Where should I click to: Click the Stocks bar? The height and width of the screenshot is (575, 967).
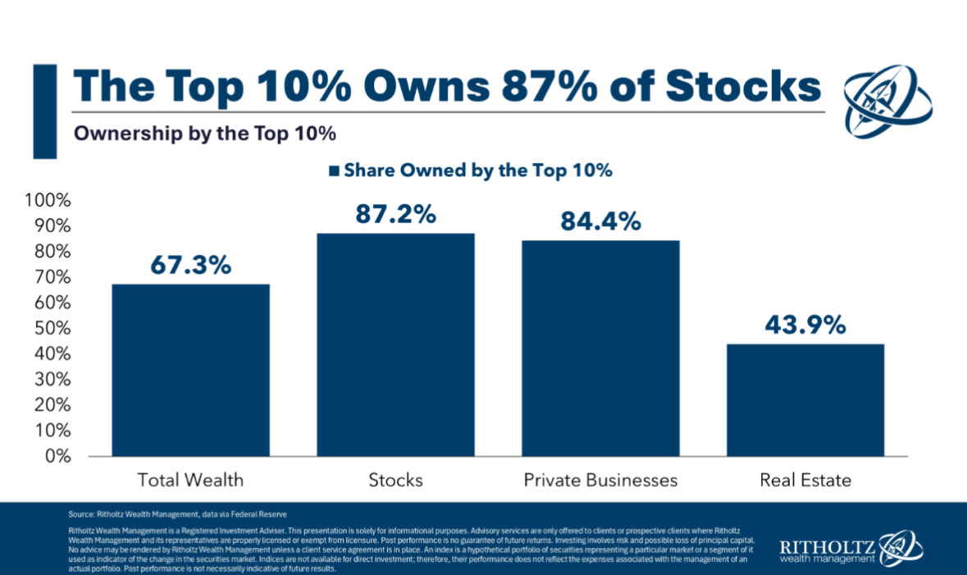395,345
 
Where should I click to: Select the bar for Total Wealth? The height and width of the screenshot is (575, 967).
190,370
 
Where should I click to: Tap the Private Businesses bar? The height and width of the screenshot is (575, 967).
600,348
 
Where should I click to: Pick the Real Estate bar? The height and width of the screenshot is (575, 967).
805,399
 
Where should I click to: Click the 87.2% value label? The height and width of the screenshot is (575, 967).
395,214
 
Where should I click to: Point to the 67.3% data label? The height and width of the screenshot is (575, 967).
190,265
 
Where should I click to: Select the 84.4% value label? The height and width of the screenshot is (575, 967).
600,221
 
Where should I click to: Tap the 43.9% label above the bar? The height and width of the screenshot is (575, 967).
805,325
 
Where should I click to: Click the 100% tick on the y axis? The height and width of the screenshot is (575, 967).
49,201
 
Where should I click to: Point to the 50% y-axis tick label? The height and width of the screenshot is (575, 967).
52,328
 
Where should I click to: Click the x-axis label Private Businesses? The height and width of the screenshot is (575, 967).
600,480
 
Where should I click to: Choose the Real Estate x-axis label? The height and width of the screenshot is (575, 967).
805,480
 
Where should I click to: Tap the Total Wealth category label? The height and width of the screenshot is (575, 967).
190,480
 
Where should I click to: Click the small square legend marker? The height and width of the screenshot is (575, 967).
334,171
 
